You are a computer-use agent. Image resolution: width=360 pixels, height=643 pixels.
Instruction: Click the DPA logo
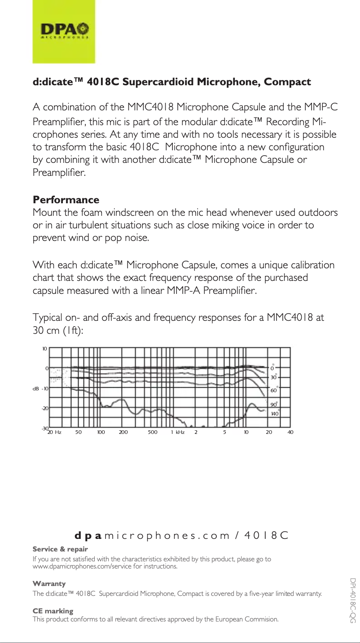[64, 31]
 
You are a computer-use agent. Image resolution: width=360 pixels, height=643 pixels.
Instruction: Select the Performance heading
[66, 200]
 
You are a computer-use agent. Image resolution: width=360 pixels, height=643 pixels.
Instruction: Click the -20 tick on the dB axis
[45, 409]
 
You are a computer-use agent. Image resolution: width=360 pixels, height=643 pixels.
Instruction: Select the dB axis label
[35, 389]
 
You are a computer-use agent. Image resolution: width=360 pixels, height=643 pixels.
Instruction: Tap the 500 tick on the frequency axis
[153, 432]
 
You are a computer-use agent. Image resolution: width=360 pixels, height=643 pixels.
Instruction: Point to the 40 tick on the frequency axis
[290, 432]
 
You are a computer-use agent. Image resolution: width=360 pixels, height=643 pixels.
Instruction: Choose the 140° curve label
[275, 413]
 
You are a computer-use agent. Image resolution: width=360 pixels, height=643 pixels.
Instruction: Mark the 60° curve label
[273, 391]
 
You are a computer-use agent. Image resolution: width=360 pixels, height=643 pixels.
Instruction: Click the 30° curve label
[273, 377]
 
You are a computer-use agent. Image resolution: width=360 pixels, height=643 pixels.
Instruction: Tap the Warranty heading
[49, 584]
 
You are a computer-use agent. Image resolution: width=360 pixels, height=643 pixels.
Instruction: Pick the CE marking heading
[53, 611]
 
